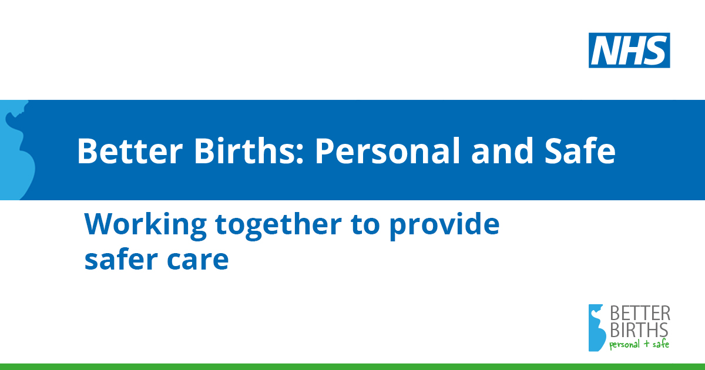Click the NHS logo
click(x=629, y=51)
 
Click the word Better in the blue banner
click(x=130, y=152)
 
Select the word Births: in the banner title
click(x=249, y=151)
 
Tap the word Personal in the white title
click(x=388, y=151)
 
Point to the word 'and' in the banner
click(x=502, y=151)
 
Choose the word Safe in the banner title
click(x=580, y=151)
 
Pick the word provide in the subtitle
click(x=445, y=226)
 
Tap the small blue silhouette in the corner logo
click(x=597, y=328)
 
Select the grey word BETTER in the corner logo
click(x=640, y=314)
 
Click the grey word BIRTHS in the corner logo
click(x=639, y=329)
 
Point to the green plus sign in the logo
click(x=646, y=344)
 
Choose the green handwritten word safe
click(x=660, y=344)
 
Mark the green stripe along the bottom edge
click(x=352, y=367)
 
